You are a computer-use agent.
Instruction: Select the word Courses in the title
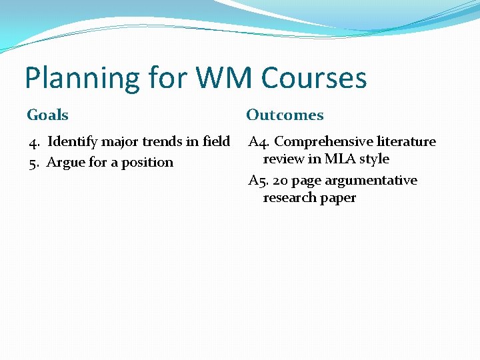tap(314, 78)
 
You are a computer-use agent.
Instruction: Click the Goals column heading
tap(47, 115)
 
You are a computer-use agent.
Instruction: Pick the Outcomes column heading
tap(285, 115)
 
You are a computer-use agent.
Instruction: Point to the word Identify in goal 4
tap(73, 142)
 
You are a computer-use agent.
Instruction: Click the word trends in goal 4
tap(175, 142)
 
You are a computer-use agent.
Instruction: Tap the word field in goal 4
tap(216, 142)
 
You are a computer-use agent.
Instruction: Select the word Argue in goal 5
tap(65, 163)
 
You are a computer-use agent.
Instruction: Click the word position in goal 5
tap(147, 163)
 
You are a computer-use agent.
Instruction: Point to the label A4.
tap(259, 142)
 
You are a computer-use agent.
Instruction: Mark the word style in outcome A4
tap(374, 159)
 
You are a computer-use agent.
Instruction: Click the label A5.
tap(259, 181)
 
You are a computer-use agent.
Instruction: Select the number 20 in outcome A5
tap(280, 181)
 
